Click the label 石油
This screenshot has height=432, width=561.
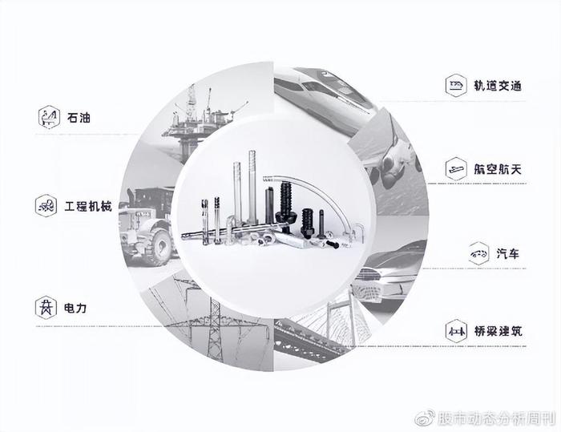79,117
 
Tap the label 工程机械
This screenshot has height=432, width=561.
88,206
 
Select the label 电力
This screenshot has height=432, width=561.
75,308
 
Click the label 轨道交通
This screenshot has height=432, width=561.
498,86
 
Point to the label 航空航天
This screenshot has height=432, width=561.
498,169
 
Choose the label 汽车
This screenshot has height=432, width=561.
507,254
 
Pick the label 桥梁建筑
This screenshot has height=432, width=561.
498,331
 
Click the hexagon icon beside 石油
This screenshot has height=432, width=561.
49,117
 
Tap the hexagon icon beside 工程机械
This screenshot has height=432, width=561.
46,206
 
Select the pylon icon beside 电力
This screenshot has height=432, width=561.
46,308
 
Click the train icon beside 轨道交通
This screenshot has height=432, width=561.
456,86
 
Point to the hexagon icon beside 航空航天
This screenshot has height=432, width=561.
456,168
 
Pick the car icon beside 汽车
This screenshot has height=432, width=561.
478,254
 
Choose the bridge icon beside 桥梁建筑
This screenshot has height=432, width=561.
456,331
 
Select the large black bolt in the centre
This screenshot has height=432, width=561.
285,205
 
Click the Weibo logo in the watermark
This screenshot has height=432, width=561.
425,418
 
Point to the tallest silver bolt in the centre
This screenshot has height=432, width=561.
252,187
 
